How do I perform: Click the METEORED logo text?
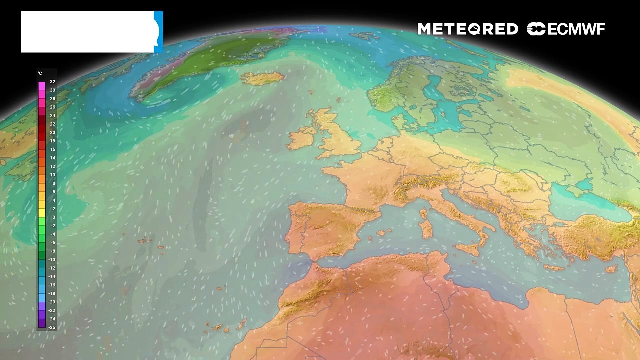pos(468,29)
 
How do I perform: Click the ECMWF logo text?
pos(576,29)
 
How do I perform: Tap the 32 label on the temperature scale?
pos(52,82)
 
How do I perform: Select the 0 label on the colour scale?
pos(52,217)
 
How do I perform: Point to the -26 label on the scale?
pos(52,327)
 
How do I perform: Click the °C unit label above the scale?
pos(40,73)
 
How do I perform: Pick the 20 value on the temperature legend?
pos(52,132)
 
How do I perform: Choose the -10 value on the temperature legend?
pos(52,260)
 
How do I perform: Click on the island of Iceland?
pos(262,78)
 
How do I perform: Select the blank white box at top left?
pos(87,32)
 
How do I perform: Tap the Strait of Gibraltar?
pos(313,260)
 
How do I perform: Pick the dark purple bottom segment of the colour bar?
pos(42,323)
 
